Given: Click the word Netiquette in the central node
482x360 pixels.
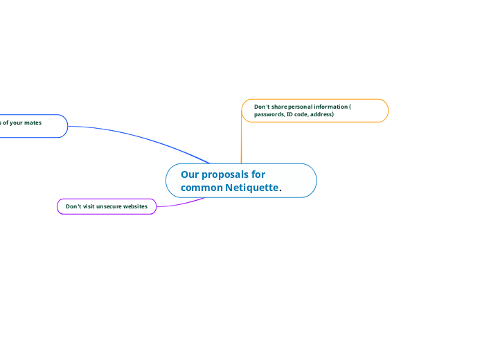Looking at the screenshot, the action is click(251, 188).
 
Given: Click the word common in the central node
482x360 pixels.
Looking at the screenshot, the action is click(202, 188).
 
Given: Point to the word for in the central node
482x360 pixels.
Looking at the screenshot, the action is click(258, 174).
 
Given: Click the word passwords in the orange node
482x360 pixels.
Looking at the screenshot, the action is click(269, 114).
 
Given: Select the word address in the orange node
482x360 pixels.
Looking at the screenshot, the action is click(321, 114).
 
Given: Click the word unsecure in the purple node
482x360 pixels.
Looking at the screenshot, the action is click(109, 206).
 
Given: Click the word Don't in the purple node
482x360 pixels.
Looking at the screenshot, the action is click(73, 206).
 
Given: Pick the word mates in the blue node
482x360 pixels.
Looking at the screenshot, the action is click(32, 123).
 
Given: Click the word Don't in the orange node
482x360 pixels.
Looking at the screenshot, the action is click(261, 107).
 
